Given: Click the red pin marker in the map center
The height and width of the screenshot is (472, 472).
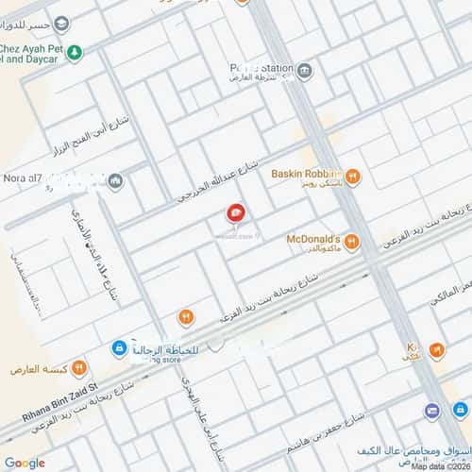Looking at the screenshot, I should (233, 216).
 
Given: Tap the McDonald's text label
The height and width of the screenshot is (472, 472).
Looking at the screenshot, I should (314, 239).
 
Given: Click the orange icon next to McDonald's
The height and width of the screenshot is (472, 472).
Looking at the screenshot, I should (351, 241).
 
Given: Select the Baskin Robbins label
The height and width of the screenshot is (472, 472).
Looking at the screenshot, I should (304, 173).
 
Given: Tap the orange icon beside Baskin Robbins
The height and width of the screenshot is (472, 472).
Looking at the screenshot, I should (351, 175).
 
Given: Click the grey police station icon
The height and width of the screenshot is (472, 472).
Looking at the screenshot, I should (304, 71).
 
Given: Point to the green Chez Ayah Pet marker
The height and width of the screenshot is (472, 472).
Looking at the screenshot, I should (74, 52).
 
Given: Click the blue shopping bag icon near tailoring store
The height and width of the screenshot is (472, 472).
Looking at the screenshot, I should (119, 348).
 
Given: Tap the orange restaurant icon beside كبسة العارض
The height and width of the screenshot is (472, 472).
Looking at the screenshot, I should (79, 365).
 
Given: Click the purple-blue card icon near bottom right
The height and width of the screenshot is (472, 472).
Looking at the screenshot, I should (431, 411).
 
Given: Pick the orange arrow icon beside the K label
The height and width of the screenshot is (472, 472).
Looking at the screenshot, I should (435, 350).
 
